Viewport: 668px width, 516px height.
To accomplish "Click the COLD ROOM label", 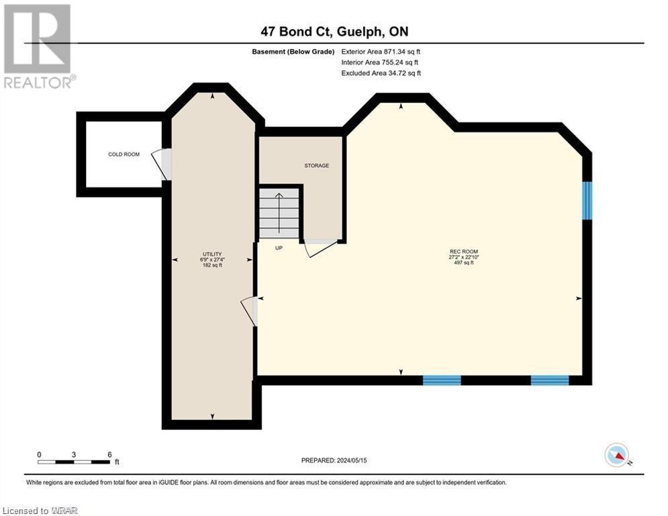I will (124, 155).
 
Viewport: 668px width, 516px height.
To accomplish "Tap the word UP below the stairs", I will (279, 248).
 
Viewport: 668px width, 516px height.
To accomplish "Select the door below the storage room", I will (320, 247).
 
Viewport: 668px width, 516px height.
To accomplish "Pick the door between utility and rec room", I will (250, 310).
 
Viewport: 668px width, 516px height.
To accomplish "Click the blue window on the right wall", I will (587, 200).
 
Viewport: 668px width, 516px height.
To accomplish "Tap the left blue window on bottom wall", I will (442, 380).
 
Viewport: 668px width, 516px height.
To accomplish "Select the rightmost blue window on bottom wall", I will (550, 380).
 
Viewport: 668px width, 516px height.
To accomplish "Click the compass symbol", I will (616, 455).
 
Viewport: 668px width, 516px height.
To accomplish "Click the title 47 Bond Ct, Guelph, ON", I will (334, 32).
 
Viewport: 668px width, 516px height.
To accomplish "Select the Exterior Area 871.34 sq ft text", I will (381, 51).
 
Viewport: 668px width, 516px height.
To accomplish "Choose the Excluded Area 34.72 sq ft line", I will (381, 73).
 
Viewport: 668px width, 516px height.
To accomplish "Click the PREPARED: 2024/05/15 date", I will (334, 460).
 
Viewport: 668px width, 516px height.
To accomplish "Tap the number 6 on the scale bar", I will (109, 454).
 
